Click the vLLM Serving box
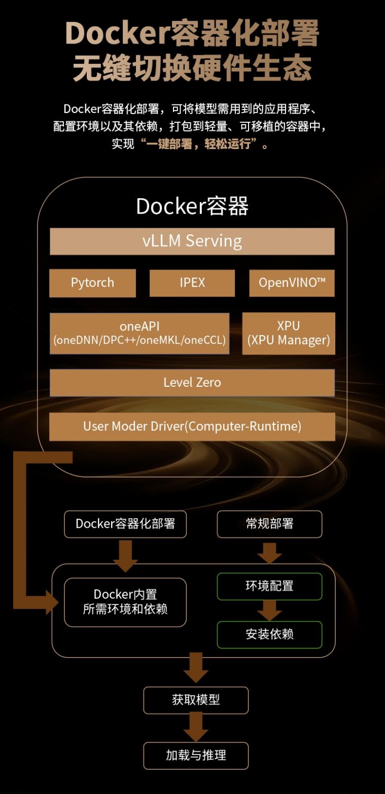(192, 241)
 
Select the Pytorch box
(92, 282)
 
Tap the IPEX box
(192, 282)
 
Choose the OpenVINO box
(292, 282)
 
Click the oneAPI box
(139, 333)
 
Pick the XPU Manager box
(289, 333)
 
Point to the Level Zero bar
(192, 382)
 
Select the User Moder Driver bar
(192, 426)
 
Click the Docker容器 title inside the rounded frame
(192, 206)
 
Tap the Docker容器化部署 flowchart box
(125, 524)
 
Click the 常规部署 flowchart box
(269, 524)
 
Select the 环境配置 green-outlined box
(269, 586)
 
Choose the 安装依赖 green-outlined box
(269, 634)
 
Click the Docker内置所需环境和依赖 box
(125, 602)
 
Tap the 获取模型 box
(196, 700)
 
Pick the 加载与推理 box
(196, 755)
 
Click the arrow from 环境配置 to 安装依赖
(269, 610)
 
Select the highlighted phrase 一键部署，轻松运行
(198, 144)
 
